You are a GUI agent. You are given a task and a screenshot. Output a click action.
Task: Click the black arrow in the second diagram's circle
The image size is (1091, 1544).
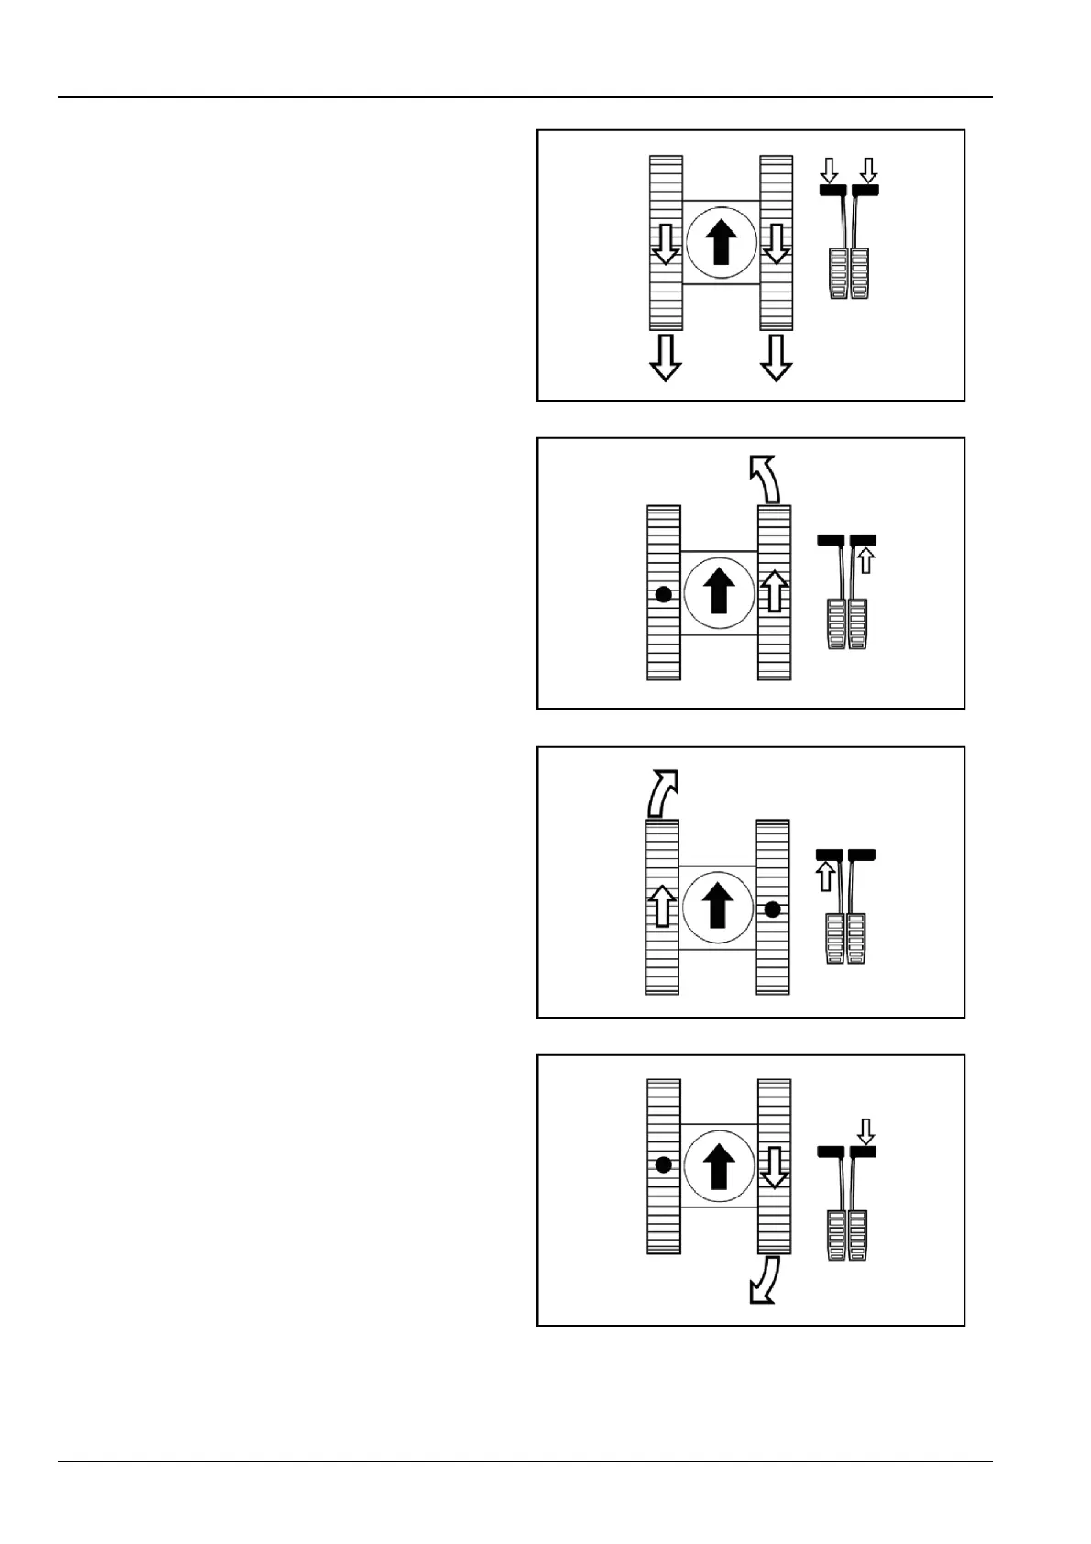720,590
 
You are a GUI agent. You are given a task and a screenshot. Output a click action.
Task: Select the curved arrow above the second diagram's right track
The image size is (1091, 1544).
764,479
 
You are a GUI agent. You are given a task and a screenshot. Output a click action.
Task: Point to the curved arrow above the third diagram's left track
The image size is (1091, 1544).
662,792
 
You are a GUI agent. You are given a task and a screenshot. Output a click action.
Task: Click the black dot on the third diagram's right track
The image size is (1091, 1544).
773,910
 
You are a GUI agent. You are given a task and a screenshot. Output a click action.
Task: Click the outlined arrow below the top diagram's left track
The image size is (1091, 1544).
665,358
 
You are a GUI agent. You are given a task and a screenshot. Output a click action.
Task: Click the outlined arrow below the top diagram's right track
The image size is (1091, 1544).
777,358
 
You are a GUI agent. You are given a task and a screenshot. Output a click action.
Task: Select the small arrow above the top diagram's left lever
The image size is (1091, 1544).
829,170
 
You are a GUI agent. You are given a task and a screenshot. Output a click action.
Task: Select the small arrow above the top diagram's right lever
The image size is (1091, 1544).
869,170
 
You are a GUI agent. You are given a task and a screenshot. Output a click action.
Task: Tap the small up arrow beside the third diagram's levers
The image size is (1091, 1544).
825,876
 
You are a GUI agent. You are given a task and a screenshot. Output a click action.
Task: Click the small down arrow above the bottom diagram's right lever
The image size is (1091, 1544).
865,1131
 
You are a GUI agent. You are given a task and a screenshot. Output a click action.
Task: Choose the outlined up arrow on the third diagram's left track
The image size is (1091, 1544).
662,906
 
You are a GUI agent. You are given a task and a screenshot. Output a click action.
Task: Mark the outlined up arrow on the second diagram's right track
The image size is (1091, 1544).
775,590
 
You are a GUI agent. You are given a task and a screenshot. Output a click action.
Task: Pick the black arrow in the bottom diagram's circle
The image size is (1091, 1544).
720,1164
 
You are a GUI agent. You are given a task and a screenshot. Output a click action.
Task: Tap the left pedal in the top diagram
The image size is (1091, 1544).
839,273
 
